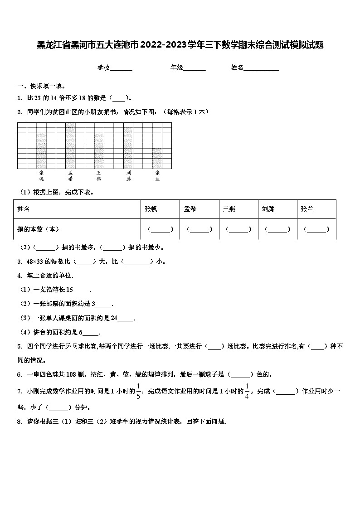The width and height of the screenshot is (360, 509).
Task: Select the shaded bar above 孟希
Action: point(70,145)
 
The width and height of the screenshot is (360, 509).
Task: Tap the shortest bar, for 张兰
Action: point(157,158)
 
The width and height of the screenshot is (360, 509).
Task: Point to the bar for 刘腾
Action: point(128,148)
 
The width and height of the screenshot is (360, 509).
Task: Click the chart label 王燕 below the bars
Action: point(99,176)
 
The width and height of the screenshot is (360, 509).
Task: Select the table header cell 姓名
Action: point(24,209)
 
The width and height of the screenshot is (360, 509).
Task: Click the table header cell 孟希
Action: point(190,209)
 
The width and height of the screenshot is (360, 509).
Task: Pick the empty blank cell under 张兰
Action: point(316,229)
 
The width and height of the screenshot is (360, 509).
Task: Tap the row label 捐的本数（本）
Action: point(39,229)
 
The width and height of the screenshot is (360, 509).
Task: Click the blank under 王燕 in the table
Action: point(238,229)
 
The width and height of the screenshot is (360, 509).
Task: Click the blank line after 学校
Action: point(121,68)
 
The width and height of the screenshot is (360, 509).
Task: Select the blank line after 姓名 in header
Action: point(262,68)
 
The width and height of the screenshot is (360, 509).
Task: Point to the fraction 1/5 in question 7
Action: point(139,391)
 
